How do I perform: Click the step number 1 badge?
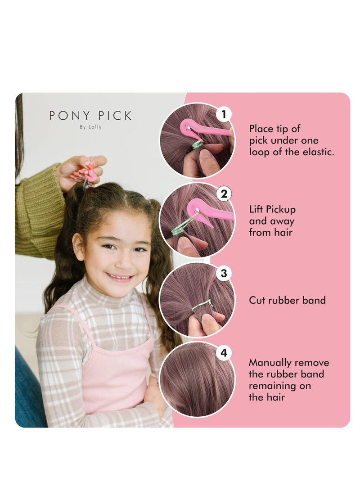point(223,114)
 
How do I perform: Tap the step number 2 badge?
point(223,194)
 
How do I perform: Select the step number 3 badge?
point(223,274)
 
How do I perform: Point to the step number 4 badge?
point(223,353)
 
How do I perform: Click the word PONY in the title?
point(67,116)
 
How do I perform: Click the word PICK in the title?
point(112,116)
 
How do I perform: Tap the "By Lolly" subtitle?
point(90,127)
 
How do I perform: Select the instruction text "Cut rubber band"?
point(287,300)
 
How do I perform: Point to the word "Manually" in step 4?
point(269,363)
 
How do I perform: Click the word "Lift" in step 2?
point(256,210)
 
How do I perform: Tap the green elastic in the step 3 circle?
point(202,305)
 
